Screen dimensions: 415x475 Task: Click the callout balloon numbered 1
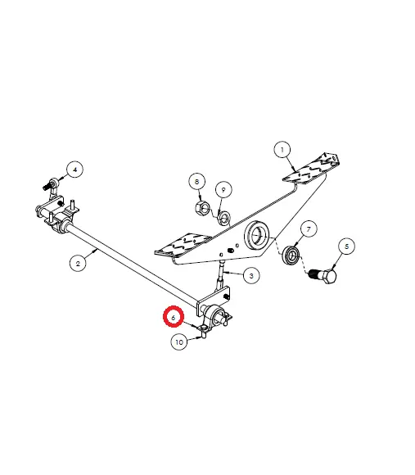(282, 150)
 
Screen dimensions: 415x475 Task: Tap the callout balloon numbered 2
(78, 263)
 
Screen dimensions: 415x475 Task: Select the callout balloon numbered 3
(251, 276)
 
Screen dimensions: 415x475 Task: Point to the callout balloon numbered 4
(75, 170)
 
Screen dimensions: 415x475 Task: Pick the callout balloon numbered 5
(346, 247)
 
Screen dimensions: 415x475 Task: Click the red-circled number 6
(174, 317)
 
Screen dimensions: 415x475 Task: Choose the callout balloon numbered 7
(309, 229)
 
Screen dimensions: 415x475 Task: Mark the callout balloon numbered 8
(197, 182)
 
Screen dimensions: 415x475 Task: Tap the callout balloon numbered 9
(223, 190)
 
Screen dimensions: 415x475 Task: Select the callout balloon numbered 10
(179, 342)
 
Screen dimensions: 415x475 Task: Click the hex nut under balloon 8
(202, 207)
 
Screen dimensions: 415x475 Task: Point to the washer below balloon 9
(224, 217)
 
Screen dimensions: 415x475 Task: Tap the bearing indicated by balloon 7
(291, 255)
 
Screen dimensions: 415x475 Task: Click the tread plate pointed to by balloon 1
(310, 169)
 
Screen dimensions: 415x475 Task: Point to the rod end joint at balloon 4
(52, 185)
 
